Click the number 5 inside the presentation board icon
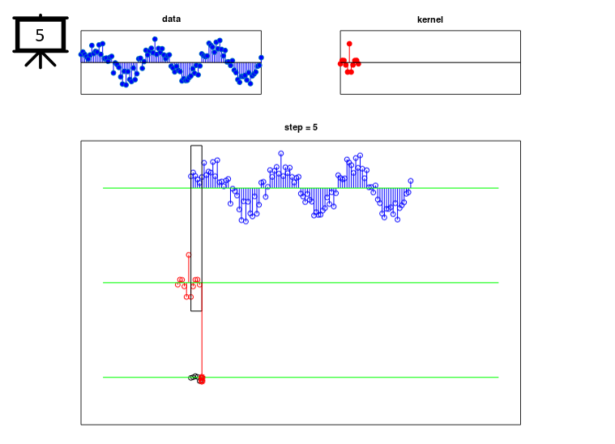click(40, 36)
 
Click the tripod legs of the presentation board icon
click(41, 60)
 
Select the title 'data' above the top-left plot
click(172, 19)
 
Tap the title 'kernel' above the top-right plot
click(430, 19)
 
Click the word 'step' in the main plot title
click(293, 127)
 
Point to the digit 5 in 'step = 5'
click(315, 127)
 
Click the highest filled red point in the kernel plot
click(349, 44)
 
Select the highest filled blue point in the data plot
click(155, 39)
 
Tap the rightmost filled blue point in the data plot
click(261, 58)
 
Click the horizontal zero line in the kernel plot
click(430, 62)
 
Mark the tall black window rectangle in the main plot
click(191, 228)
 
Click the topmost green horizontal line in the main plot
click(301, 188)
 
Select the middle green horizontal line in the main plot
click(301, 283)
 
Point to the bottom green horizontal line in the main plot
click(301, 378)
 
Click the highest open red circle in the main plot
click(189, 255)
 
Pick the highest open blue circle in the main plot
click(281, 153)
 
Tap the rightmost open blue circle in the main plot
click(411, 181)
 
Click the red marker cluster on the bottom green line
click(202, 379)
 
